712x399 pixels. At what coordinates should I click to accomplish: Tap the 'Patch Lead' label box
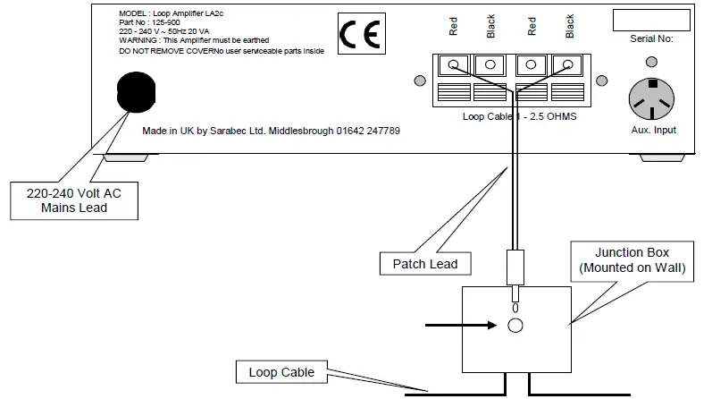click(x=424, y=264)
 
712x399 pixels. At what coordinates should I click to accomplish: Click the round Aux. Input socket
click(x=657, y=96)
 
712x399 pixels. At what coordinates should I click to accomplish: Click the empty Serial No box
click(x=651, y=20)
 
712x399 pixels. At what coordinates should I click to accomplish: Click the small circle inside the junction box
click(x=515, y=326)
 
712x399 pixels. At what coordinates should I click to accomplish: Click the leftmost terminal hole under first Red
click(x=454, y=65)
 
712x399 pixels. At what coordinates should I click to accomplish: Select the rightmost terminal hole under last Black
click(x=567, y=65)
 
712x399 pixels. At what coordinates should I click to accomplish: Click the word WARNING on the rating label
click(x=137, y=40)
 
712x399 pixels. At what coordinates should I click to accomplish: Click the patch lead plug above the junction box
click(x=515, y=267)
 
